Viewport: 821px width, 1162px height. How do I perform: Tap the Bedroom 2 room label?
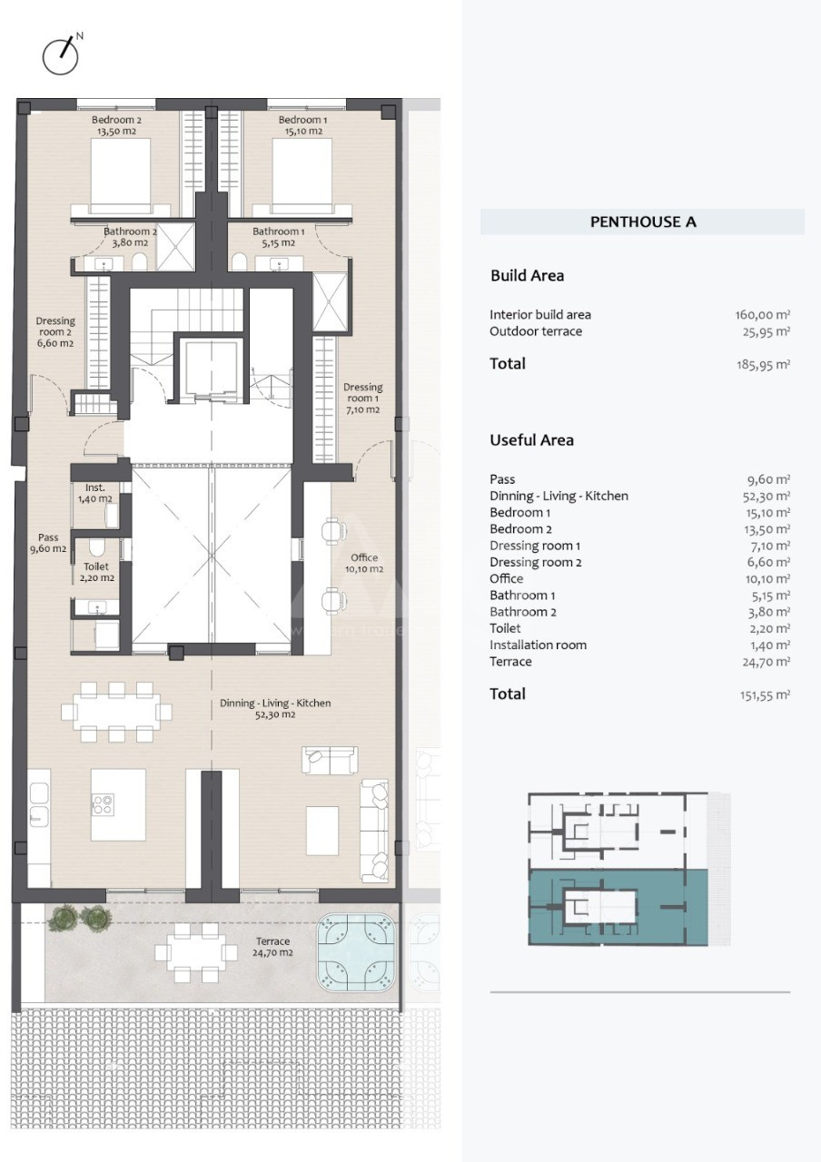click(x=116, y=125)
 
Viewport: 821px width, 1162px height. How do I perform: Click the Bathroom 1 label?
click(x=278, y=237)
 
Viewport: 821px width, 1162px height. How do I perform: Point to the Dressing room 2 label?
click(x=55, y=332)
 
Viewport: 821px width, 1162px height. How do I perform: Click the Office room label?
click(x=364, y=563)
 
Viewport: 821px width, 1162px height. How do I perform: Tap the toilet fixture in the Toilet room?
click(x=96, y=547)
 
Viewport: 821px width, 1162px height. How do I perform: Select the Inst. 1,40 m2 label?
click(x=95, y=493)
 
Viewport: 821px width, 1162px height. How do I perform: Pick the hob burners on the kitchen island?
click(x=103, y=804)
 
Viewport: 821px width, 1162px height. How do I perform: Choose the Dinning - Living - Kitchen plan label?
click(x=275, y=709)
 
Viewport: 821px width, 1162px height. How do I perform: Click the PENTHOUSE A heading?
click(x=643, y=222)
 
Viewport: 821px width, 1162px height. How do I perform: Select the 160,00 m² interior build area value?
click(x=762, y=315)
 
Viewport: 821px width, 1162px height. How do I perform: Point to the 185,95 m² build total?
click(x=763, y=364)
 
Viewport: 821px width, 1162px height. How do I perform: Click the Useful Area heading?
click(x=531, y=440)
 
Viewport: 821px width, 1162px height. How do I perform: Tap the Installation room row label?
click(x=538, y=645)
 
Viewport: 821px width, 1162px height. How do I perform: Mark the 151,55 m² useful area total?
click(x=765, y=694)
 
